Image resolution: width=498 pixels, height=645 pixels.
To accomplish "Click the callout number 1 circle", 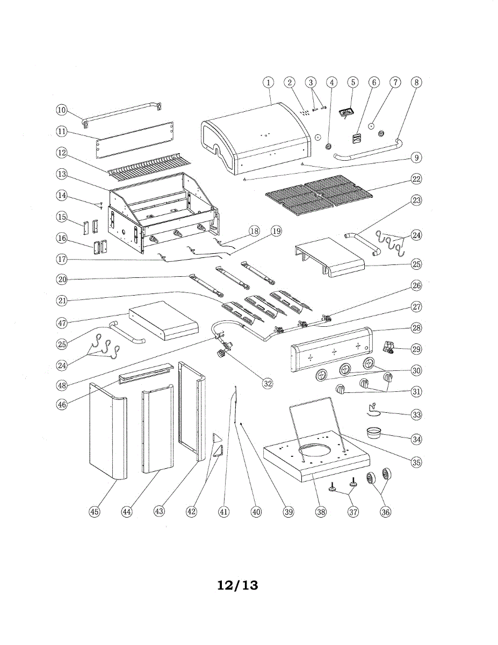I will pyautogui.click(x=268, y=82).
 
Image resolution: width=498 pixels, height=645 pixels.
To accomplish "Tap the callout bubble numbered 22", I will pyautogui.click(x=417, y=178).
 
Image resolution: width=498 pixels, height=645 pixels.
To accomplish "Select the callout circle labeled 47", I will pyautogui.click(x=62, y=323).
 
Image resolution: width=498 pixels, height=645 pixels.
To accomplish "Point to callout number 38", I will pyautogui.click(x=321, y=512).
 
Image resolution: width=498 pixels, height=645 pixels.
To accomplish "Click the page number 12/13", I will pyautogui.click(x=237, y=585).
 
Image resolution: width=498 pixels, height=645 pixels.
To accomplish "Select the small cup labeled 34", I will pyautogui.click(x=376, y=432).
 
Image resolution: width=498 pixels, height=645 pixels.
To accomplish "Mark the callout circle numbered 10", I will pyautogui.click(x=62, y=110).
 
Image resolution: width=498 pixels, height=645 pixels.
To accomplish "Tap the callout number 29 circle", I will pyautogui.click(x=417, y=349).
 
